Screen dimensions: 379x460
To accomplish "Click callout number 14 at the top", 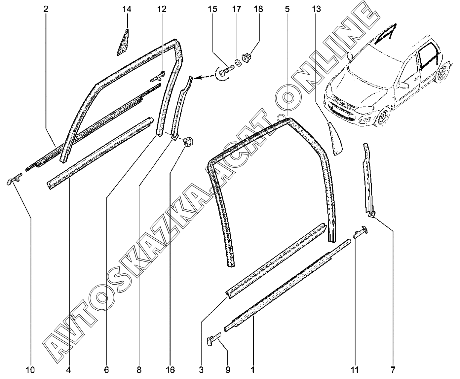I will pos(127,9).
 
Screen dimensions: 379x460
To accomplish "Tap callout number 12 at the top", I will pos(162,9).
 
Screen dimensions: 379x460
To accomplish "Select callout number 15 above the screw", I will pos(212,9).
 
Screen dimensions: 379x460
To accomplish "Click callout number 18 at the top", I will pos(258,9).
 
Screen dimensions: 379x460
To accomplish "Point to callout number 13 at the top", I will pos(316,9).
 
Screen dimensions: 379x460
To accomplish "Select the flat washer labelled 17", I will pos(237,63).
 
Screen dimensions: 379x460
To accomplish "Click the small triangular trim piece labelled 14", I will pos(123,42).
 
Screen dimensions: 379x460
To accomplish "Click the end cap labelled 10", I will pos(13,180).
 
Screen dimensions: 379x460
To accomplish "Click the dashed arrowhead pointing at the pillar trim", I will pos(197,78).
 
